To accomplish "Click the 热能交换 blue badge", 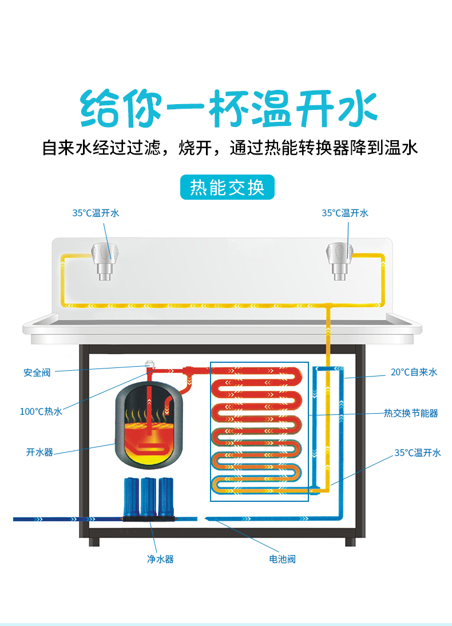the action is [x=227, y=187].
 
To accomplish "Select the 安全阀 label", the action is [x=37, y=373].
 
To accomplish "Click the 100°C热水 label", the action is [x=41, y=411].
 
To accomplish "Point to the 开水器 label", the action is [x=39, y=452].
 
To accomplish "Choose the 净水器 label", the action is [x=161, y=559].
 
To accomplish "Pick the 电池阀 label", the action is [x=282, y=559].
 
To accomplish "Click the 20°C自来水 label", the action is [x=414, y=372].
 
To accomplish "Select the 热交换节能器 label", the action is [x=411, y=413].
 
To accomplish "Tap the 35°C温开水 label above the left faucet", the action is [x=96, y=213].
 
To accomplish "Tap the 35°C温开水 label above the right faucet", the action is [x=345, y=213].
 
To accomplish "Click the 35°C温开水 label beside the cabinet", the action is [x=418, y=452].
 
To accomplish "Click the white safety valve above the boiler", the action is [x=150, y=364].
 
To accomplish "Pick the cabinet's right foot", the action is [x=350, y=542].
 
